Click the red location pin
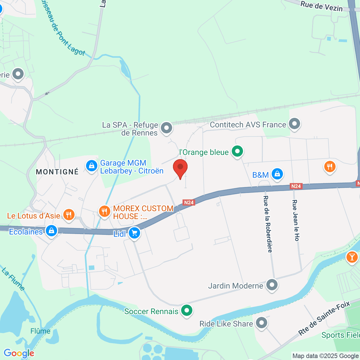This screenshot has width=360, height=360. (180, 167)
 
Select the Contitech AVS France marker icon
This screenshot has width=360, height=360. (294, 124)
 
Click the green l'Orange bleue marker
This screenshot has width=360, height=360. (237, 151)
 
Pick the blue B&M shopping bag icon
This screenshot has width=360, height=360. (277, 174)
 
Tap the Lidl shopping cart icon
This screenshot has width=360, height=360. (134, 233)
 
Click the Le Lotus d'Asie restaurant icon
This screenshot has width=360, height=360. (69, 215)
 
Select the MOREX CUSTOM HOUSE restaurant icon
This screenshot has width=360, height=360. (104, 211)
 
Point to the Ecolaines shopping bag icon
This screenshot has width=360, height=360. (52, 231)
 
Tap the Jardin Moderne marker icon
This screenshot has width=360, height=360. (272, 285)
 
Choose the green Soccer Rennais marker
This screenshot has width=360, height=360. (187, 310)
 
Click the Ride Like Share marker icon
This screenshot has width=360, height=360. (262, 323)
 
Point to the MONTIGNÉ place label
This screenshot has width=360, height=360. (57, 172)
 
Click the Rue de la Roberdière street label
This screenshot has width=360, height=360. (267, 224)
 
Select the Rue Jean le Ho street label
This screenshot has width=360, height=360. (295, 220)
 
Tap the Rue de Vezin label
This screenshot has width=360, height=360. (321, 6)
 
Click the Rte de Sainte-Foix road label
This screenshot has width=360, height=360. (324, 318)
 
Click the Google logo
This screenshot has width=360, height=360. (19, 353)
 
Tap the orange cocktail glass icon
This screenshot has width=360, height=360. (352, 257)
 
